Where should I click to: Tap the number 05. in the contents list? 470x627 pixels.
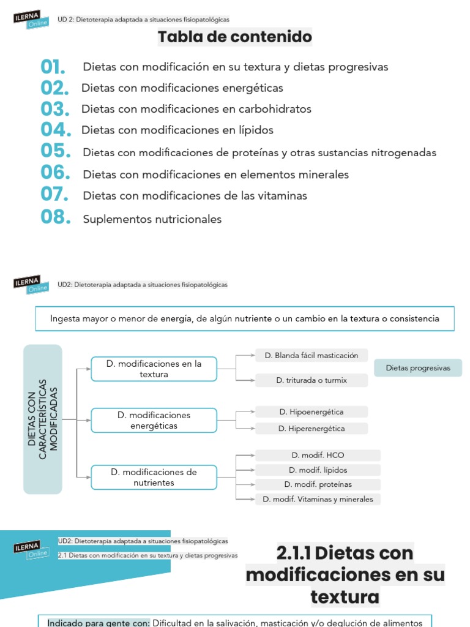56,151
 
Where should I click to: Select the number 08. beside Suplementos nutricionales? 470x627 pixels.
56,217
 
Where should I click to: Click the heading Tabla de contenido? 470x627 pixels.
235,37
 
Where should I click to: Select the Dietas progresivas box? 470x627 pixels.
418,368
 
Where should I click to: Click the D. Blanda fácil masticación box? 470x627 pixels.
311,355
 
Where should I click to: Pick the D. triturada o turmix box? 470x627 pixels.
311,380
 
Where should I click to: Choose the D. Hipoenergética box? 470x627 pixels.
311,412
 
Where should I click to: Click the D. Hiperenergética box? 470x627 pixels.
311,429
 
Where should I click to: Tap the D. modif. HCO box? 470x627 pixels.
318,455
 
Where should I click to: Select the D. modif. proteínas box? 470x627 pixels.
318,484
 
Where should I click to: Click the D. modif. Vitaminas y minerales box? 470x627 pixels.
318,499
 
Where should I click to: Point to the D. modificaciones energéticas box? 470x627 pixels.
154,420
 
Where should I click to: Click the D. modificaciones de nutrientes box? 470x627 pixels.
154,478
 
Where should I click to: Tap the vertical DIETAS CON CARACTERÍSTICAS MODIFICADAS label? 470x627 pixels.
43,419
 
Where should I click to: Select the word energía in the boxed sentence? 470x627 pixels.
176,318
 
